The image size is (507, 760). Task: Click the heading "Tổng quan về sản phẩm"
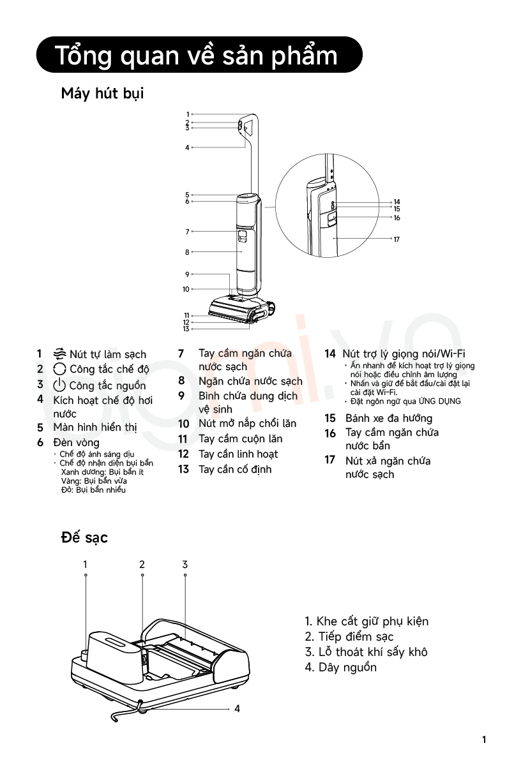click(196, 56)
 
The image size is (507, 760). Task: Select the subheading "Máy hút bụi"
click(102, 93)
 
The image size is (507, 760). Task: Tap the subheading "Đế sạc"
click(84, 537)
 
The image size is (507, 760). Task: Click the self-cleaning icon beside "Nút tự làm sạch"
click(59, 354)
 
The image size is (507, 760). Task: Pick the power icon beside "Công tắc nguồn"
click(59, 385)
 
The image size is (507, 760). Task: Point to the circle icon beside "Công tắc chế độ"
click(59, 369)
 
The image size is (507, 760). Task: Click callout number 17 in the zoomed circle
click(397, 239)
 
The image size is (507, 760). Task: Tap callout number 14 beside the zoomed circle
click(397, 202)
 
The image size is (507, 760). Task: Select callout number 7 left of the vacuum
click(187, 232)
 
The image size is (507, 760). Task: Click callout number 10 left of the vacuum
click(186, 289)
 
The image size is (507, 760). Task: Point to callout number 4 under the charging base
click(238, 708)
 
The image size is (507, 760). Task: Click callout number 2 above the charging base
click(142, 564)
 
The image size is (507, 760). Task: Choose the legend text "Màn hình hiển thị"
click(95, 428)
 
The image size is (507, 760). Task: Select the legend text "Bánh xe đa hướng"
click(389, 419)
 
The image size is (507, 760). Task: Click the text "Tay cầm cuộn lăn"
click(241, 438)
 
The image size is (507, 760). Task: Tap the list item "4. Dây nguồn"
click(340, 667)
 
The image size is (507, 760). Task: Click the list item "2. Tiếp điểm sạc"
click(349, 636)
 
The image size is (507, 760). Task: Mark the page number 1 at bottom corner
click(484, 740)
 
